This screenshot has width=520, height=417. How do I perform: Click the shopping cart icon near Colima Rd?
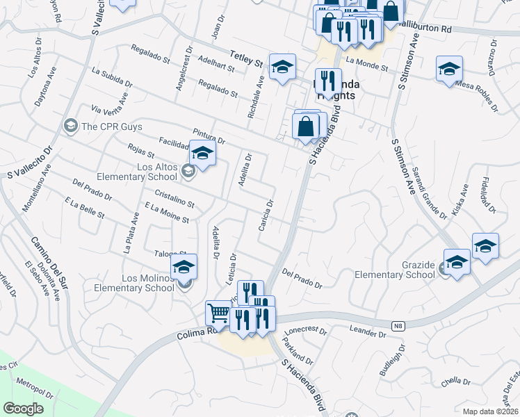tap(218, 314)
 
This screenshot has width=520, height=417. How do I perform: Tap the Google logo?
tap(23, 408)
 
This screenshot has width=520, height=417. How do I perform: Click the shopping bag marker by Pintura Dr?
tap(305, 127)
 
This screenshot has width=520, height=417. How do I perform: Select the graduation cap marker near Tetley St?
tap(282, 67)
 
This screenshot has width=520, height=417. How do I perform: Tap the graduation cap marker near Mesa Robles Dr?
tap(449, 69)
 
